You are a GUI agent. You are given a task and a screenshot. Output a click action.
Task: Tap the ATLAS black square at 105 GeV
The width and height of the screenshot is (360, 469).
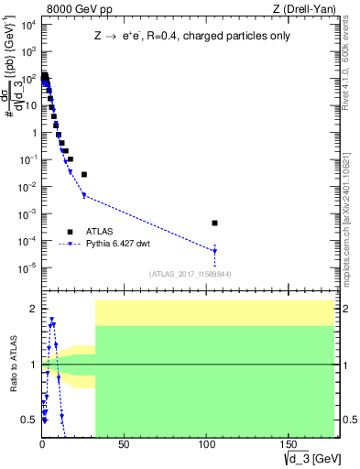(214, 223)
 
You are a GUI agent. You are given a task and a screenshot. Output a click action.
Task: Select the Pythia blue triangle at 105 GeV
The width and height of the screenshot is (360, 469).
(214, 251)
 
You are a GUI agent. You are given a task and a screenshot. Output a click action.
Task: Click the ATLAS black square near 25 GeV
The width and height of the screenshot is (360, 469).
(83, 174)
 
